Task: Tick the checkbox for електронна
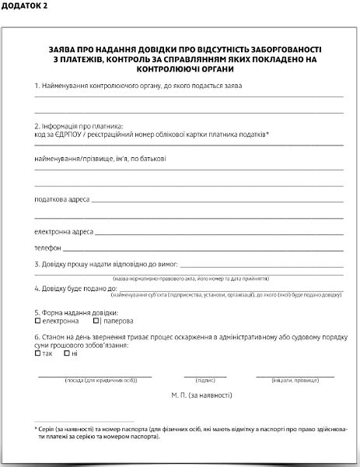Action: (x=37, y=321)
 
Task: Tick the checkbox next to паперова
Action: (x=95, y=321)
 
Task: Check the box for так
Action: (x=37, y=353)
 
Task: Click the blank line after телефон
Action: (x=202, y=250)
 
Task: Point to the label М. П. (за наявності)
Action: (x=201, y=395)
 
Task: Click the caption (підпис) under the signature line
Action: (x=205, y=381)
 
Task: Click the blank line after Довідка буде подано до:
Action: (x=225, y=290)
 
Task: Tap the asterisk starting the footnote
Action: (x=36, y=429)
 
